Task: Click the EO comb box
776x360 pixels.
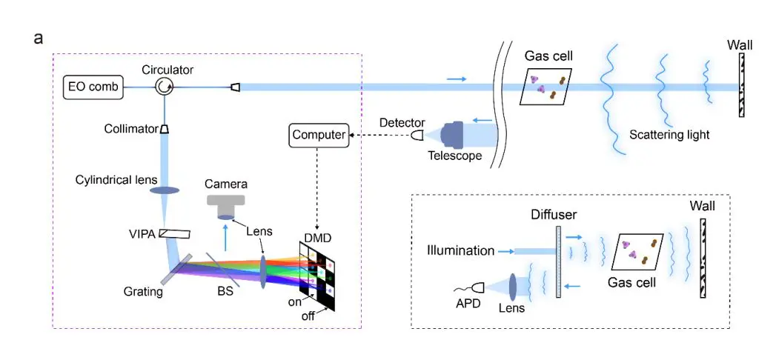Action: click(x=93, y=87)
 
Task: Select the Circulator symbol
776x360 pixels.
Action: click(x=163, y=87)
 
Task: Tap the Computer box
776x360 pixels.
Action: click(x=319, y=135)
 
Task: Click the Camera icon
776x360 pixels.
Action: click(x=227, y=203)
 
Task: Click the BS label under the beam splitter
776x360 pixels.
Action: click(x=225, y=291)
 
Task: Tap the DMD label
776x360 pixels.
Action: click(x=316, y=238)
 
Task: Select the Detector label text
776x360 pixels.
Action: click(x=402, y=122)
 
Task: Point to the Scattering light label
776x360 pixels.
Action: click(x=669, y=135)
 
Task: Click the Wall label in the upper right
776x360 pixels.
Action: click(x=740, y=46)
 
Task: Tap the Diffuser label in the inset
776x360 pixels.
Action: click(x=551, y=214)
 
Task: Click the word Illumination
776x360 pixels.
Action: click(x=460, y=250)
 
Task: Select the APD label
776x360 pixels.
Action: click(x=465, y=303)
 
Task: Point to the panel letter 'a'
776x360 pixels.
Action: click(x=39, y=37)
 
